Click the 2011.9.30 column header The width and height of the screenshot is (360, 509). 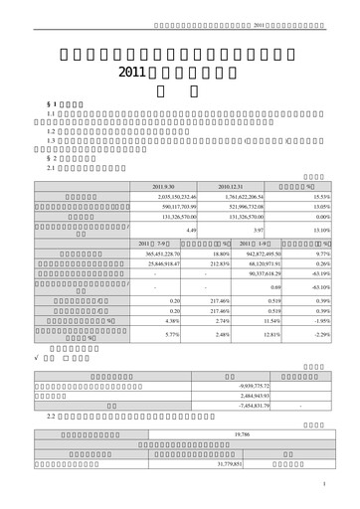(163, 187)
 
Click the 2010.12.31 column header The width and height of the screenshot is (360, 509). (229, 187)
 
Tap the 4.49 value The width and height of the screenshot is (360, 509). (190, 230)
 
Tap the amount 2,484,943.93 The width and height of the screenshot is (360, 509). (251, 395)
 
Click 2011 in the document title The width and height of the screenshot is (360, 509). (132, 73)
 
